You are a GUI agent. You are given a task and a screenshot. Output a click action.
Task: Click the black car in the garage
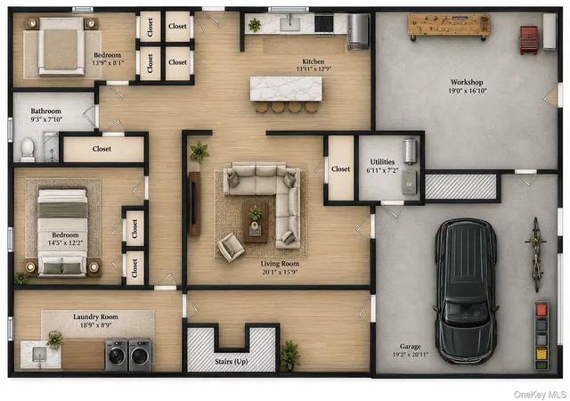pyautogui.click(x=466, y=291)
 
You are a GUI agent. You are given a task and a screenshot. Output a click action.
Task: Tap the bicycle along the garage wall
pyautogui.click(x=536, y=254)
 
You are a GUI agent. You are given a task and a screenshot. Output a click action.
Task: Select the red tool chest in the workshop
pyautogui.click(x=529, y=40)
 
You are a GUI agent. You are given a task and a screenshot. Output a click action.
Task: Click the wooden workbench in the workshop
pyautogui.click(x=449, y=26)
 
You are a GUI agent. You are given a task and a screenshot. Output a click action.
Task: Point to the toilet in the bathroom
pyautogui.click(x=28, y=150)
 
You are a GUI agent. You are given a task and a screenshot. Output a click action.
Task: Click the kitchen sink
pyautogui.click(x=290, y=24)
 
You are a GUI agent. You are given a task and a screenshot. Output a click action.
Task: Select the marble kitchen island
pyautogui.click(x=286, y=88)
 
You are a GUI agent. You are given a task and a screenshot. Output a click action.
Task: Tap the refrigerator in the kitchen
pyautogui.click(x=358, y=31)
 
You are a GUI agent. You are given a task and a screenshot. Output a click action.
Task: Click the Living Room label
pyautogui.click(x=280, y=264)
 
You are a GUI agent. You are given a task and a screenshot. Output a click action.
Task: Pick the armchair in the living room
pyautogui.click(x=232, y=248)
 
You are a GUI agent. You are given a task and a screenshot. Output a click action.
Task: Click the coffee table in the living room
pyautogui.click(x=256, y=223)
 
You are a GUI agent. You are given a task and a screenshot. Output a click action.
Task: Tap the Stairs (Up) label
pyautogui.click(x=232, y=362)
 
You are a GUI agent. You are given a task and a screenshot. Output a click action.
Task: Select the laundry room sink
pyautogui.click(x=39, y=355)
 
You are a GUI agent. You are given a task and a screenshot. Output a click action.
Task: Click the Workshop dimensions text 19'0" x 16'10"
pyautogui.click(x=467, y=91)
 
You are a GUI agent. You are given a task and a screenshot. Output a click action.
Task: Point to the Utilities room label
pyautogui.click(x=382, y=162)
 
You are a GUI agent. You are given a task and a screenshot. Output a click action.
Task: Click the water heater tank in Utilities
pyautogui.click(x=410, y=151)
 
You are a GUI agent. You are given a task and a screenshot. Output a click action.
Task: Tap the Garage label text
pyautogui.click(x=410, y=347)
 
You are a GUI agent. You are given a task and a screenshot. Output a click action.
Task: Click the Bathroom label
pyautogui.click(x=45, y=111)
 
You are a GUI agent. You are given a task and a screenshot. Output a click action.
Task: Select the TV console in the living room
pyautogui.click(x=195, y=203)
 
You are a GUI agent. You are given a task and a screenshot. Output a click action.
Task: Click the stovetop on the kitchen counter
pyautogui.click(x=324, y=24)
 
